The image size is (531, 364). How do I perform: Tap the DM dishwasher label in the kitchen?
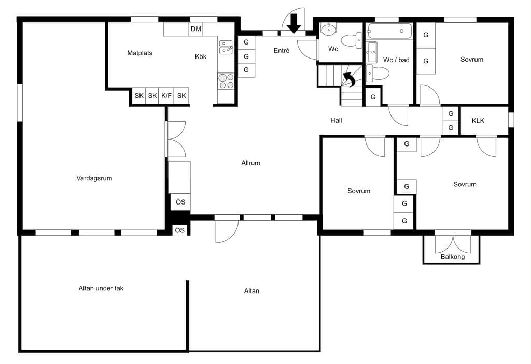click(x=195, y=29)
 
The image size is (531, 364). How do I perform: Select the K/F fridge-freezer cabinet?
click(x=166, y=96)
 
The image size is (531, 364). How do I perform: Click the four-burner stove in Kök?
click(x=226, y=81)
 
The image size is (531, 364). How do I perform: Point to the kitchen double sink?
click(x=226, y=47)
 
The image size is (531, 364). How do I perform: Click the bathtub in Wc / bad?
click(x=389, y=31)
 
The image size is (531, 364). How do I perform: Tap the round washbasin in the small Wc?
click(x=328, y=30)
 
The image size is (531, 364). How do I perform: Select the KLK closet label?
click(x=478, y=121)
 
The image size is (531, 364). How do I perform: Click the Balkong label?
click(x=452, y=257)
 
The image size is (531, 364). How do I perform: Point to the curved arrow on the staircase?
click(x=349, y=80)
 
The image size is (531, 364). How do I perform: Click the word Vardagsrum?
click(x=94, y=178)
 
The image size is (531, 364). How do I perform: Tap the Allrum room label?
click(x=250, y=163)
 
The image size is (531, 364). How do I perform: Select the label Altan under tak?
click(x=101, y=288)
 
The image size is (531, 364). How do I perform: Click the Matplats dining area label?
click(x=139, y=53)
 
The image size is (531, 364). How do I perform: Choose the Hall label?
click(x=336, y=120)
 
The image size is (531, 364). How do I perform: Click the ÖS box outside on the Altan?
click(x=180, y=230)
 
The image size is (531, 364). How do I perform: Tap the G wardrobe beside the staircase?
click(x=373, y=97)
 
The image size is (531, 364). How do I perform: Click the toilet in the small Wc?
click(x=352, y=40)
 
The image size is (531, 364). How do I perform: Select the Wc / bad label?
click(x=396, y=60)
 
